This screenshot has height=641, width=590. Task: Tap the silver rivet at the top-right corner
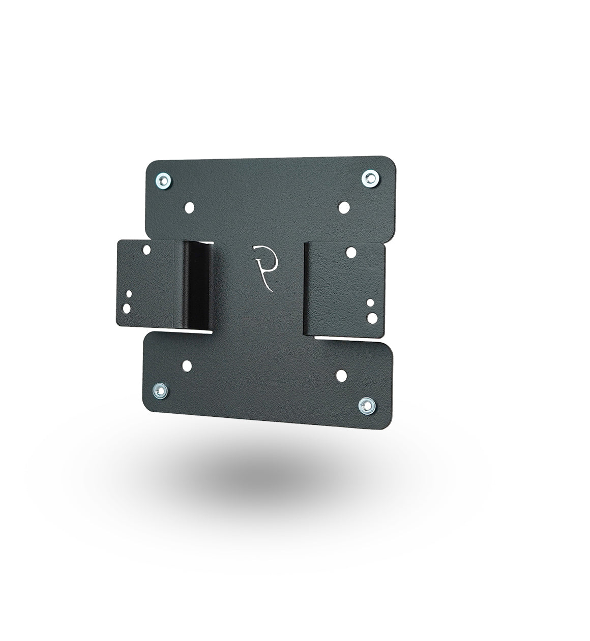[x=370, y=178]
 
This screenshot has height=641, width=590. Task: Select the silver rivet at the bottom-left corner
[x=160, y=391]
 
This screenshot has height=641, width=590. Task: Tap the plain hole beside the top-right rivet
[x=344, y=207]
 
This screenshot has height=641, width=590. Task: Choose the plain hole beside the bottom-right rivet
[x=341, y=376]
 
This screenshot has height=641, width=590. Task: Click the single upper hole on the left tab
[x=146, y=251]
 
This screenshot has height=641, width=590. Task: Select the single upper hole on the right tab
[x=351, y=252]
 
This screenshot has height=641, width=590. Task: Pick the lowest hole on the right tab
[x=372, y=318]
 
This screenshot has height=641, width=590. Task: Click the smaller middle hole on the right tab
[x=371, y=303]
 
